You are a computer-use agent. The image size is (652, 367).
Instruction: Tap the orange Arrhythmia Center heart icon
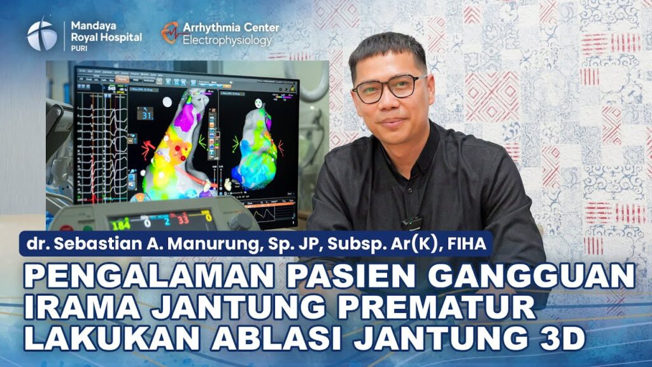(x=170, y=32)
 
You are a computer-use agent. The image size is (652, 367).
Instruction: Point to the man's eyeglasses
(x=389, y=88)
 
